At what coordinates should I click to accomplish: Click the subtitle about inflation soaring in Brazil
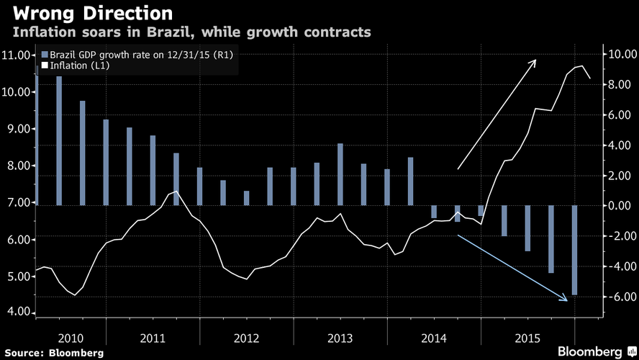(191, 33)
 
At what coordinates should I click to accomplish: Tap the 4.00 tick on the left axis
(17, 312)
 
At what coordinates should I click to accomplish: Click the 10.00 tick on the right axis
(619, 54)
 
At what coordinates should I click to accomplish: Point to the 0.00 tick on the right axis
(619, 206)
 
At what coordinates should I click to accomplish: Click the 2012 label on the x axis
(247, 338)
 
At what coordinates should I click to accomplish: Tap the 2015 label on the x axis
(527, 338)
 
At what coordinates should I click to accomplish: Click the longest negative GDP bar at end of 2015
(575, 251)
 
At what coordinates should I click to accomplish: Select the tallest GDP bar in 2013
(340, 174)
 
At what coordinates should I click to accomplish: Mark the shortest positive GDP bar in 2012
(247, 198)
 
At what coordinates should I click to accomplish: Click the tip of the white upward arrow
(535, 60)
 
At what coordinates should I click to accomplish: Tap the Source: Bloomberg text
(53, 353)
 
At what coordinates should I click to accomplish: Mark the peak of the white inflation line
(581, 66)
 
